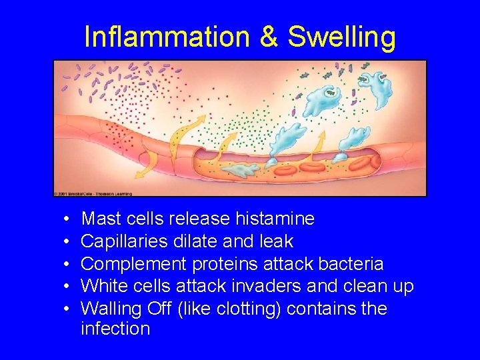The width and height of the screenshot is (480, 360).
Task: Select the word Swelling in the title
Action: (341, 37)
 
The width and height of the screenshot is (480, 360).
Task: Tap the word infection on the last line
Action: (115, 329)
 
